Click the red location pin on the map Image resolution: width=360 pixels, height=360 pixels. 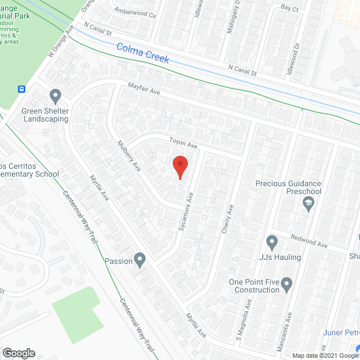point(179,167)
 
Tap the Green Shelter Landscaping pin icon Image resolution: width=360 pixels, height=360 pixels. point(55,96)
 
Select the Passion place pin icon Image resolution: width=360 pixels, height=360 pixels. point(140,260)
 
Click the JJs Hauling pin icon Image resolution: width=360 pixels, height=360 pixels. point(272,243)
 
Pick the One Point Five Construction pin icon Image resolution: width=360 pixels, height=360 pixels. point(287,285)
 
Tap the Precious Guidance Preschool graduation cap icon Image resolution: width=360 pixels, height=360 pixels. point(308,204)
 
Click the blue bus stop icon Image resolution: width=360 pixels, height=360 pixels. point(22,89)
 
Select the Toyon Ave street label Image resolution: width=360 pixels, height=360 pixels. point(183,145)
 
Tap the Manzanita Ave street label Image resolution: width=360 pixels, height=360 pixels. point(291,325)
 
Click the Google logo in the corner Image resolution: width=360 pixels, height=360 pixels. point(18,353)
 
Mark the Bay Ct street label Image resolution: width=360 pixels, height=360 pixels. point(289,8)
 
